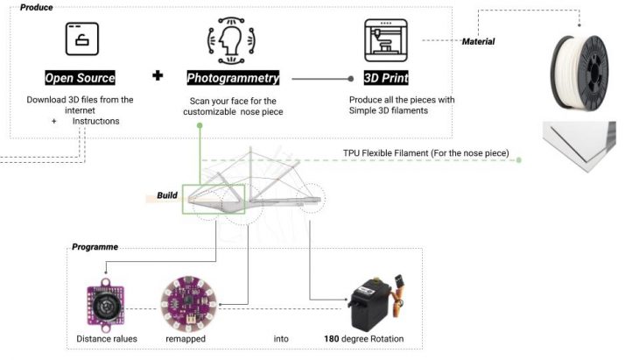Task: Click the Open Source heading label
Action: point(81,77)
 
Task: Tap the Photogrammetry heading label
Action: point(233,77)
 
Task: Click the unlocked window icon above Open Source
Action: point(82,38)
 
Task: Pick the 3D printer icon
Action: point(388,39)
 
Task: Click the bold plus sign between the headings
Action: point(158,76)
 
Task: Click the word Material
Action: point(478,42)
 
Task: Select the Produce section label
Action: point(36,7)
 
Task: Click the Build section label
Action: point(167,194)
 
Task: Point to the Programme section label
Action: point(95,248)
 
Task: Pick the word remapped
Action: point(185,339)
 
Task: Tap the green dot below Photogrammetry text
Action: point(200,126)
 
